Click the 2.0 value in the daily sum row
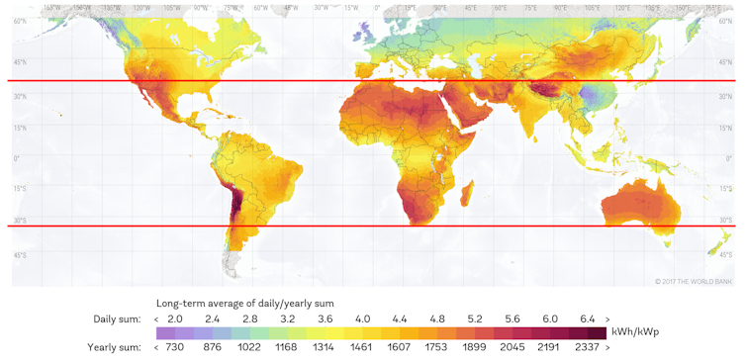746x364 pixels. click(x=175, y=318)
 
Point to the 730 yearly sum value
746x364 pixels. click(x=175, y=347)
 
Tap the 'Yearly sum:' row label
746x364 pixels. click(x=114, y=347)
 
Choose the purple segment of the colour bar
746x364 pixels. click(x=168, y=333)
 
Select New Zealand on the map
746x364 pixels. click(x=720, y=243)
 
